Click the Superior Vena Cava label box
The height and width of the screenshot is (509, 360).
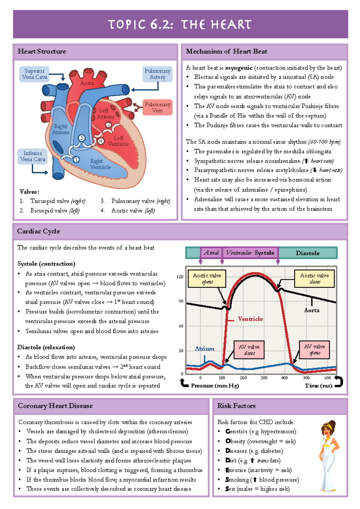point(34,74)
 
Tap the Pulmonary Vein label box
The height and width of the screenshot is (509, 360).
point(157,107)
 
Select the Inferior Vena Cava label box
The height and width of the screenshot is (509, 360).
point(33,156)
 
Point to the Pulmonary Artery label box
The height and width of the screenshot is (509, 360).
point(157,74)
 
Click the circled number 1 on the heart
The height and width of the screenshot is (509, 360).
point(76,159)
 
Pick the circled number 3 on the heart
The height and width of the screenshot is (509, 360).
point(82,138)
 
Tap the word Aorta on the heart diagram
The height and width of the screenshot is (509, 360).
point(87,83)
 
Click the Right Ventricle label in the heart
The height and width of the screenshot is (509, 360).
point(100,164)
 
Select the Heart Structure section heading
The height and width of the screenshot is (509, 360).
point(42,52)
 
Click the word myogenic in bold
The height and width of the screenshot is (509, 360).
point(238,68)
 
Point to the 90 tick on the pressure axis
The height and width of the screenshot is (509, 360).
point(181,301)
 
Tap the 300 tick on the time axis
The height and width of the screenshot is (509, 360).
point(264,378)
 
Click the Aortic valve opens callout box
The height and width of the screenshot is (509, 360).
point(207,278)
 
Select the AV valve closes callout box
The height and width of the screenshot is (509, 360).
point(249,350)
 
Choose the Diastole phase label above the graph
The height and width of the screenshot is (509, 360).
point(307,253)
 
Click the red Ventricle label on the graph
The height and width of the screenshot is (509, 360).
point(250,319)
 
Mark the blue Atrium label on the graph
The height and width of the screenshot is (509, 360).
point(205,349)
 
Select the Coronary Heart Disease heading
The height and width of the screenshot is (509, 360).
point(55,406)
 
